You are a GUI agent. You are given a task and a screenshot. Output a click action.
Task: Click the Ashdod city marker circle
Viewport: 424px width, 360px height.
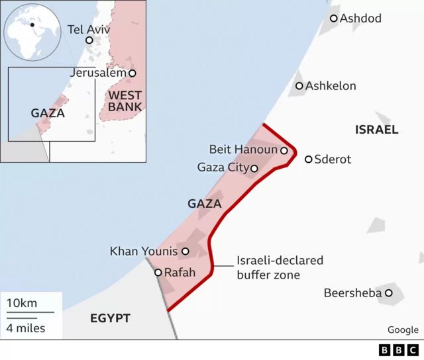pos(333,19)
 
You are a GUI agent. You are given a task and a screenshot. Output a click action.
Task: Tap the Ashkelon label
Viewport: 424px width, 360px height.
pos(331,86)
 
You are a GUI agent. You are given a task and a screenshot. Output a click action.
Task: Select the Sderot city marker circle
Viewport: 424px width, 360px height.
pos(308,159)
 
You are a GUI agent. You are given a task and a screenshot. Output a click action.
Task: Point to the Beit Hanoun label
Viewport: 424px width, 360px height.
pos(242,150)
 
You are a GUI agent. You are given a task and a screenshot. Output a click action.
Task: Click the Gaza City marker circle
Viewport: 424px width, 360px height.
pos(254,168)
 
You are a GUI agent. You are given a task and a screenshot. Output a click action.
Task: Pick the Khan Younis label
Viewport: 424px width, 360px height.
pos(144,251)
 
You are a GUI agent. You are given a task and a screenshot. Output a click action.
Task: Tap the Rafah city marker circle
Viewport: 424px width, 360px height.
pos(158,272)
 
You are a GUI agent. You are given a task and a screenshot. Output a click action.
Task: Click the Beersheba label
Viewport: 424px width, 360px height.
pos(352,292)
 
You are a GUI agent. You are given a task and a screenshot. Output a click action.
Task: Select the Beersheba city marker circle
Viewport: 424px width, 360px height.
pos(389,292)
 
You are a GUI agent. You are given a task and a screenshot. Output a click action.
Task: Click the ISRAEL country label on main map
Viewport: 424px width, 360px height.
pos(376,130)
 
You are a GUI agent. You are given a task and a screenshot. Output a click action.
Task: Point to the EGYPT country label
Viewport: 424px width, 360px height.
pos(110,318)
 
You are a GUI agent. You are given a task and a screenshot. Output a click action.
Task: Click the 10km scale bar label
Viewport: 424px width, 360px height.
pos(22,303)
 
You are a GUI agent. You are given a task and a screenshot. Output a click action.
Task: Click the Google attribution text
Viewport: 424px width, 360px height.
pos(403,330)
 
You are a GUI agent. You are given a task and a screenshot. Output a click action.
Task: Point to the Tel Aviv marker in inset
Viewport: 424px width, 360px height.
pos(89,40)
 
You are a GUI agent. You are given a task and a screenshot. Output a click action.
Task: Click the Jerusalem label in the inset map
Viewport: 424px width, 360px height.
pos(97,73)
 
